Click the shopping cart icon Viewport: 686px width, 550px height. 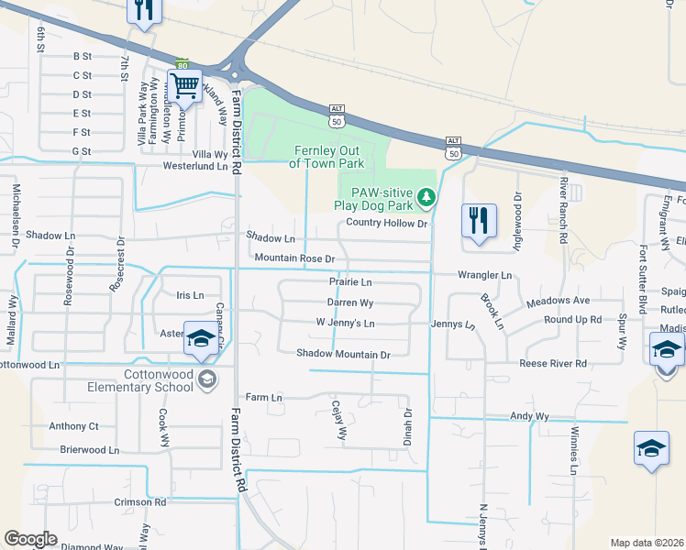[x=185, y=86]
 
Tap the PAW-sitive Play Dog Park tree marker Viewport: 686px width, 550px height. [x=426, y=197]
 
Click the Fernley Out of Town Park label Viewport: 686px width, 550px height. [x=327, y=157]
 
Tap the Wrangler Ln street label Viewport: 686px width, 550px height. [x=485, y=275]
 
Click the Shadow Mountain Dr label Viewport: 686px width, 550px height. [x=344, y=354]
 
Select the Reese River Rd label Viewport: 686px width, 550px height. [x=553, y=364]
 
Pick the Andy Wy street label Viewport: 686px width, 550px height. [x=529, y=416]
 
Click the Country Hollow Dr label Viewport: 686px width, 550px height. [x=388, y=223]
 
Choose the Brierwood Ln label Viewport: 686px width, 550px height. [x=89, y=450]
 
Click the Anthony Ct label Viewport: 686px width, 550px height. [x=73, y=426]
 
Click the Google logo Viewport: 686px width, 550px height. [x=30, y=539]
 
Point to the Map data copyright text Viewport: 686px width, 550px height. [x=646, y=543]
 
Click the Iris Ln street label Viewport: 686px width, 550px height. [x=189, y=295]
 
